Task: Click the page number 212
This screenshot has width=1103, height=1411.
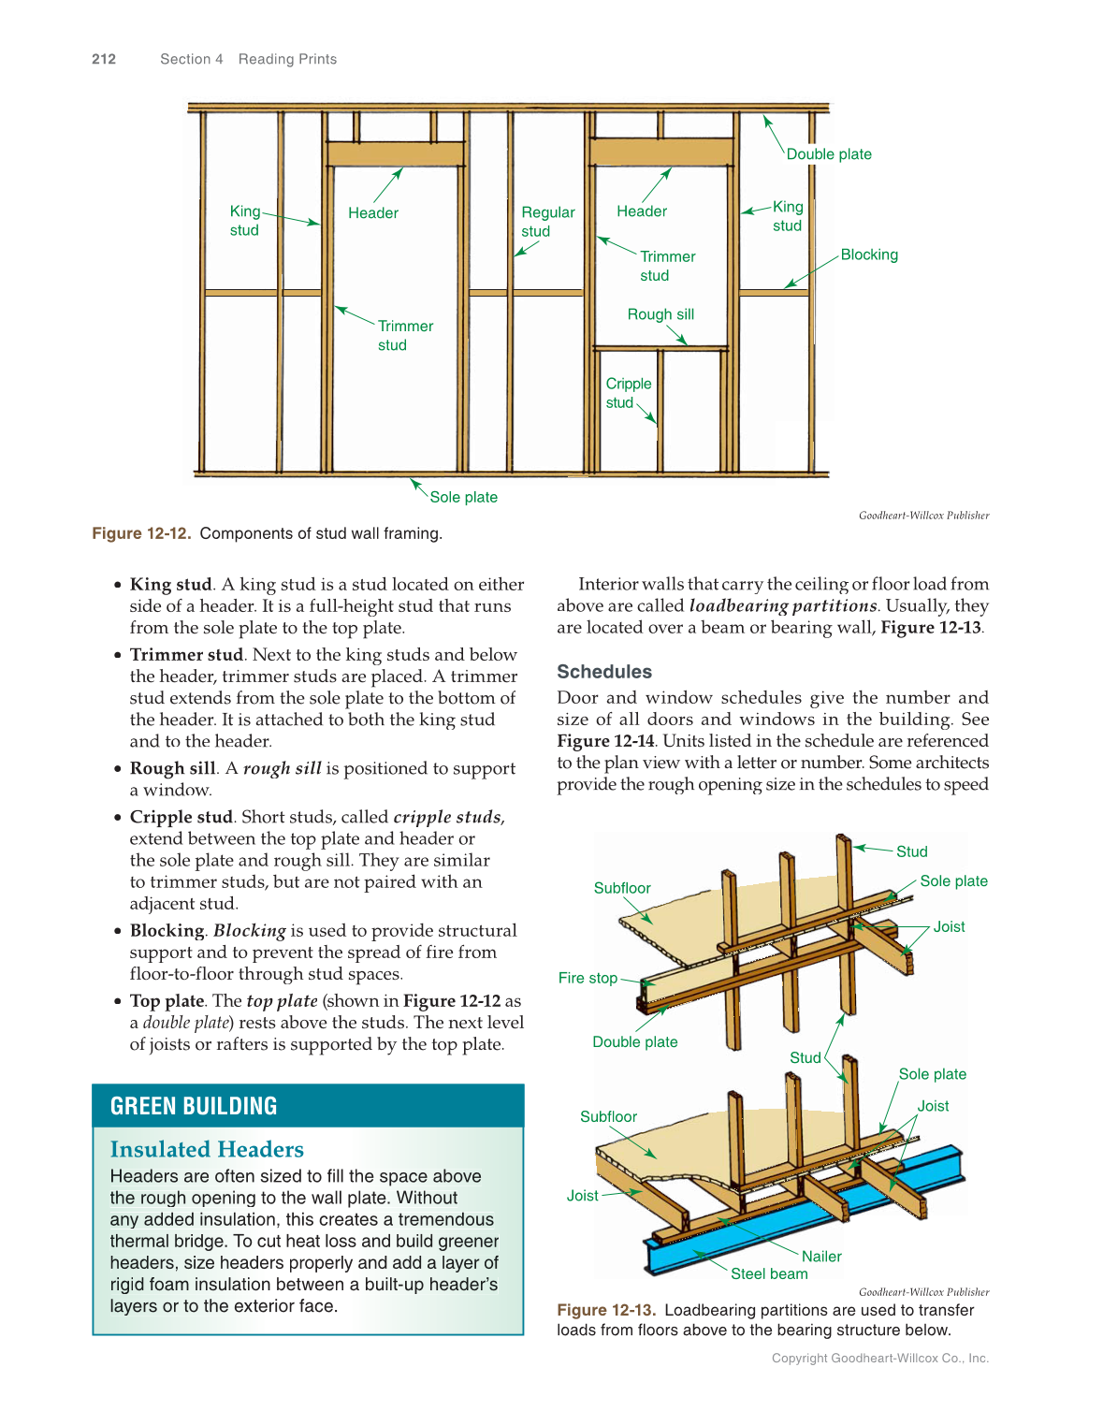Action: tap(104, 59)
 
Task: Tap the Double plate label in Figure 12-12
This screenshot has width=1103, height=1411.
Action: tap(828, 154)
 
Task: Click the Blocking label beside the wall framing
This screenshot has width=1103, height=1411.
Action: tap(868, 255)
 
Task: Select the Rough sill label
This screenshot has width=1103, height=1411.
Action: tap(660, 314)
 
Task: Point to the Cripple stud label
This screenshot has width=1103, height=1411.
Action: tap(628, 393)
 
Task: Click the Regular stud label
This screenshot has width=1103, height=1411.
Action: tap(547, 222)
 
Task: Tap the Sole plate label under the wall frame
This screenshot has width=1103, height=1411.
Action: tap(463, 497)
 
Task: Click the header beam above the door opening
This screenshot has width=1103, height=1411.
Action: tap(395, 154)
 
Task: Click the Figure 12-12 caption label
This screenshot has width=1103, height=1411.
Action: tap(141, 533)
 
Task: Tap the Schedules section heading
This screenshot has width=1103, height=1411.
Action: tap(603, 672)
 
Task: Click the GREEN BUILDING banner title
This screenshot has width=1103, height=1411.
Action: tap(194, 1106)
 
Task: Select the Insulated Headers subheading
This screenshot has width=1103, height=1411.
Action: tap(207, 1149)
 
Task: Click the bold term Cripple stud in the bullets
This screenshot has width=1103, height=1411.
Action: tap(181, 817)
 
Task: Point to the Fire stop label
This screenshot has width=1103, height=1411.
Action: tap(588, 978)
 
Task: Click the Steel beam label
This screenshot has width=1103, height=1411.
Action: tap(768, 1273)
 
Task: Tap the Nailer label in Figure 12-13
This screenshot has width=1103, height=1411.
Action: tap(820, 1257)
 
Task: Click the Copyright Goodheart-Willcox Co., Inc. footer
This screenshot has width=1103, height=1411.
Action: tap(879, 1358)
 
